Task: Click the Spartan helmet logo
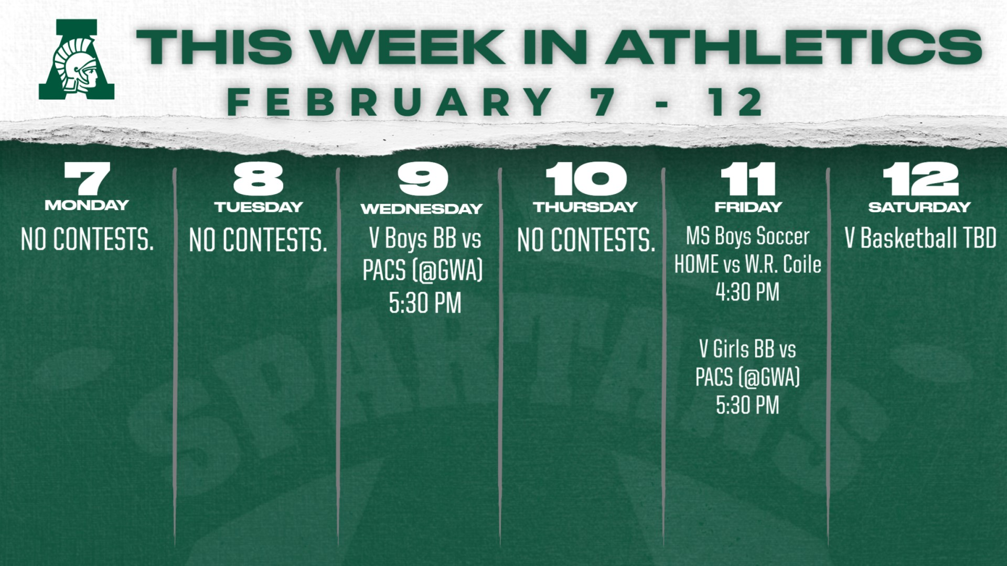pos(77,60)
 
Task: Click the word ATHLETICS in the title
pos(794,47)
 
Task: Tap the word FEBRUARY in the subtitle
pos(390,102)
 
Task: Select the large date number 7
pos(87,178)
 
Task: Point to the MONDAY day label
pos(87,205)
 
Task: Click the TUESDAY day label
pos(259,207)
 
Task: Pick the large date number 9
pos(423,179)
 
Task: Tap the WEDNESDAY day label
pos(422,209)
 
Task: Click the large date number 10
pos(586,179)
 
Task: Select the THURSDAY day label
pos(586,207)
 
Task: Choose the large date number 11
pos(748,179)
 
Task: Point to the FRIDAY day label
pos(748,207)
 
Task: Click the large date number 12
pos(920,179)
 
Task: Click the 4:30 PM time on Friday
pos(748,292)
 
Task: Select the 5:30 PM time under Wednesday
pos(425,303)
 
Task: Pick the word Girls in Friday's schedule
pos(731,349)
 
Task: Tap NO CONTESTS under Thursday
pos(586,240)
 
